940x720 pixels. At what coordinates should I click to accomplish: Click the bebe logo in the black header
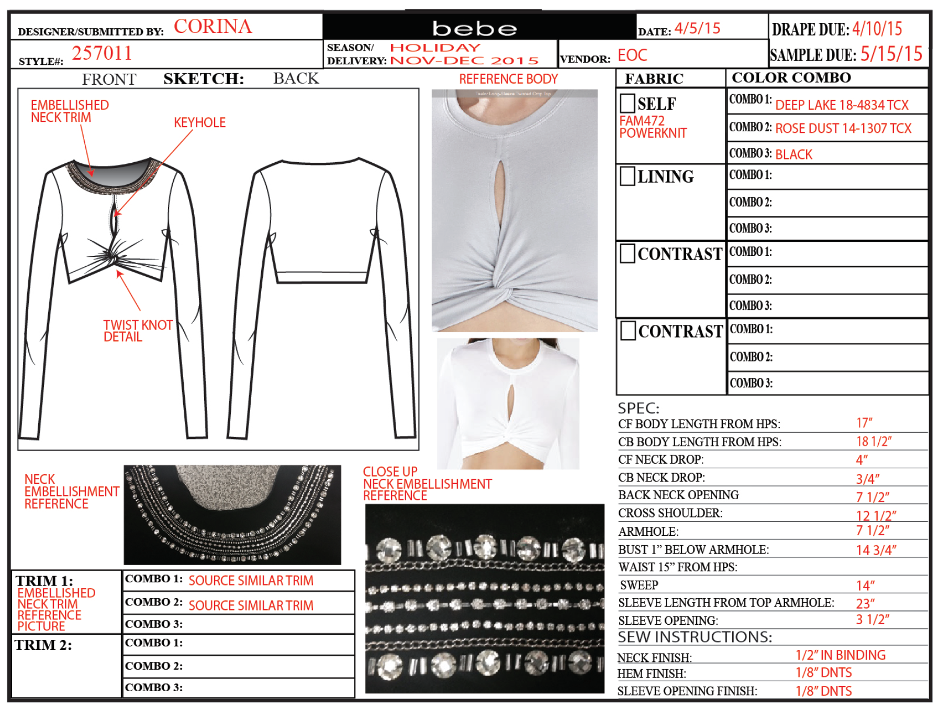[x=474, y=28]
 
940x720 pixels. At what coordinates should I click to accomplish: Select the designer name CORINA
[x=212, y=26]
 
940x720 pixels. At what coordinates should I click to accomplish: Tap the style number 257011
[x=102, y=53]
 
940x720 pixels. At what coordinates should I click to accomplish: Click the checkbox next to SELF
[x=627, y=103]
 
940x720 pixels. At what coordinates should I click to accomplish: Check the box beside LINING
[x=627, y=176]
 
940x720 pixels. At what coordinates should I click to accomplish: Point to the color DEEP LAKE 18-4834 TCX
[x=842, y=105]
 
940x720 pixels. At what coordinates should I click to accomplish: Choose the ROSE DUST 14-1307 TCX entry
[x=843, y=128]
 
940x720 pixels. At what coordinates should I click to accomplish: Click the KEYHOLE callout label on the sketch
[x=200, y=122]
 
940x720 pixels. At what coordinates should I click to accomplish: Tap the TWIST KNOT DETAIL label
[x=138, y=331]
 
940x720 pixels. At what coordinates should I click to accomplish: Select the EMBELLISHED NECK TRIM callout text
[x=70, y=111]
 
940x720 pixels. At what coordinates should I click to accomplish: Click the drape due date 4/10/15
[x=877, y=28]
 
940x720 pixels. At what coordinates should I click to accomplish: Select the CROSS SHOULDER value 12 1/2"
[x=876, y=515]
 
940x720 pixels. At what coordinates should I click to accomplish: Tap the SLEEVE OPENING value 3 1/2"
[x=872, y=620]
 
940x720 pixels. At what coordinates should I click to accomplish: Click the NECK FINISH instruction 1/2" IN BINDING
[x=841, y=655]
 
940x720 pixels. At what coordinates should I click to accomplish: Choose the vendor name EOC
[x=632, y=55]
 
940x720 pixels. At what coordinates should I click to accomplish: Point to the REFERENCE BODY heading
[x=508, y=79]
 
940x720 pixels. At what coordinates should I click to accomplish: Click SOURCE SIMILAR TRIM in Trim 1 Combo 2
[x=251, y=605]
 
